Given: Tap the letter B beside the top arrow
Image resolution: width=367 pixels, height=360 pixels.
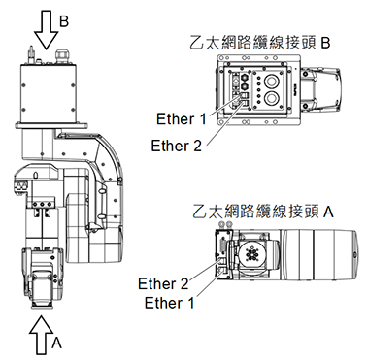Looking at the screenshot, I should pos(65,20).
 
